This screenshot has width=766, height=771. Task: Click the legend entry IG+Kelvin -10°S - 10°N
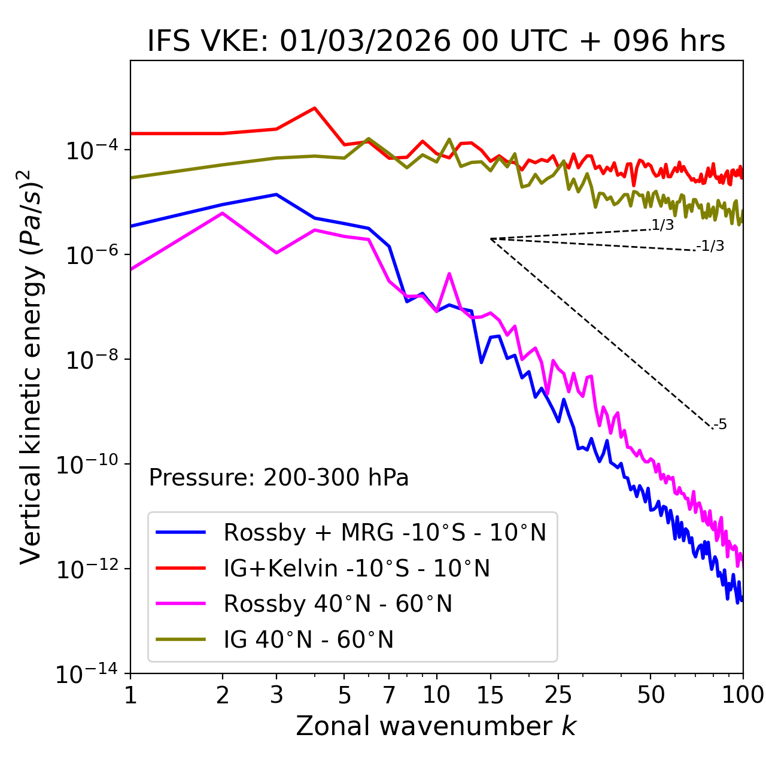(357, 568)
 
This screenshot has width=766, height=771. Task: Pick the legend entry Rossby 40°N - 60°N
(338, 604)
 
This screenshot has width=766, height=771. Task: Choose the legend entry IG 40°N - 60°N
(308, 640)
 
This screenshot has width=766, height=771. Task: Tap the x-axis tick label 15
(490, 695)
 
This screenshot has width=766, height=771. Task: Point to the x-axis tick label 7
(389, 695)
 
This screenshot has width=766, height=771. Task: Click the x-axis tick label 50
(651, 695)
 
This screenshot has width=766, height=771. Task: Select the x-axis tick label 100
(743, 695)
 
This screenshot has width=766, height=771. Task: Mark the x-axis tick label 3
(276, 695)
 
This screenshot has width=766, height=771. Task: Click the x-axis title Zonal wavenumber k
(436, 726)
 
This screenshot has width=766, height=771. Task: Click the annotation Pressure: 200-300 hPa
(279, 478)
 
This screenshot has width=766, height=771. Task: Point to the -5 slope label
(720, 425)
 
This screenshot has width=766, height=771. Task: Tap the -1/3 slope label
(710, 246)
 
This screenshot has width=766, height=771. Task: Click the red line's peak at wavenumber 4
(315, 108)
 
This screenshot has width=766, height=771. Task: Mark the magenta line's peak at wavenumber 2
(223, 213)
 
